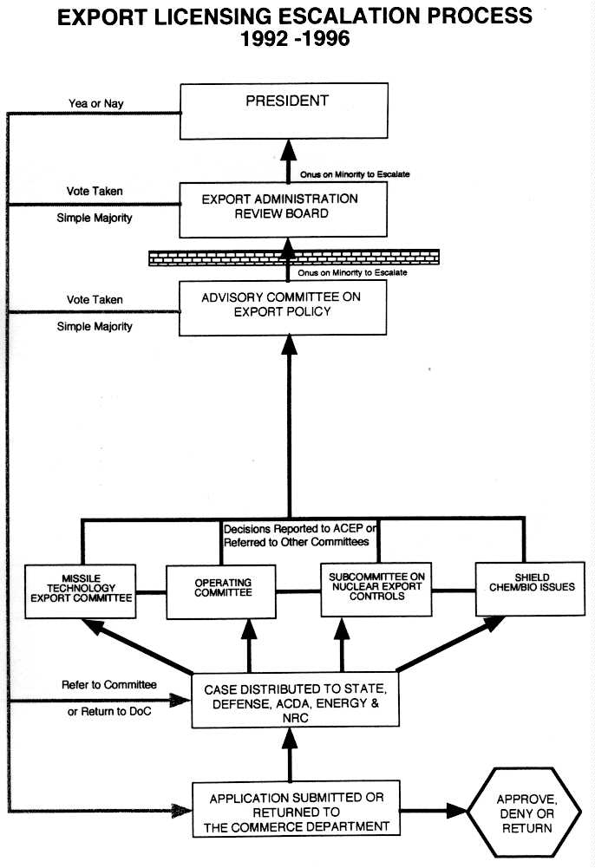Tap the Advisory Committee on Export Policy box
283,307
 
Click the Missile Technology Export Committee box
79,591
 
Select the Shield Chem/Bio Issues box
524,587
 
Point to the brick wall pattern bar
293,258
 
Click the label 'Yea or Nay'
95,104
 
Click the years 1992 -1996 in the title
295,39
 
